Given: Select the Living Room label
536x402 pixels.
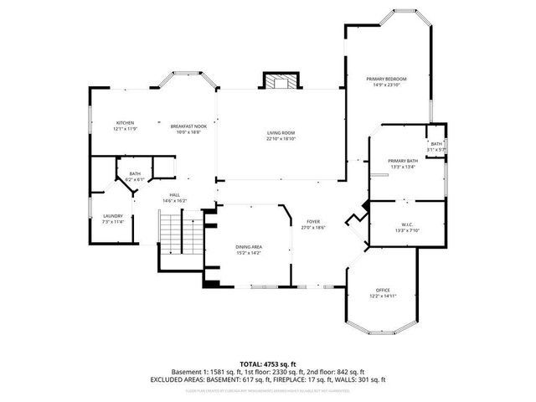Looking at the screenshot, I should click(281, 133).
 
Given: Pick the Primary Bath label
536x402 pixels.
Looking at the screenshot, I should click(402, 160).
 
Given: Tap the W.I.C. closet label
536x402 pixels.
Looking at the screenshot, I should click(405, 224).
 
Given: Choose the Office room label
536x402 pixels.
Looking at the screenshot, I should click(382, 290).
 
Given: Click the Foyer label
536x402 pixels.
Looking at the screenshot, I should click(312, 221).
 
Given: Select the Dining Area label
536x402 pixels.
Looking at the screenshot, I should click(249, 246).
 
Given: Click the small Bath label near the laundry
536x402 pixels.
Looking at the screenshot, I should click(135, 173).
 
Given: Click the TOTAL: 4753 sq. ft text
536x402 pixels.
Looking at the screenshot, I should click(268, 363).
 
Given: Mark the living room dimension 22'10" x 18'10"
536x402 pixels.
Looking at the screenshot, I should click(281, 139).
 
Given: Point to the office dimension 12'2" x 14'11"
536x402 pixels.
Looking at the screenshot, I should click(382, 296).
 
